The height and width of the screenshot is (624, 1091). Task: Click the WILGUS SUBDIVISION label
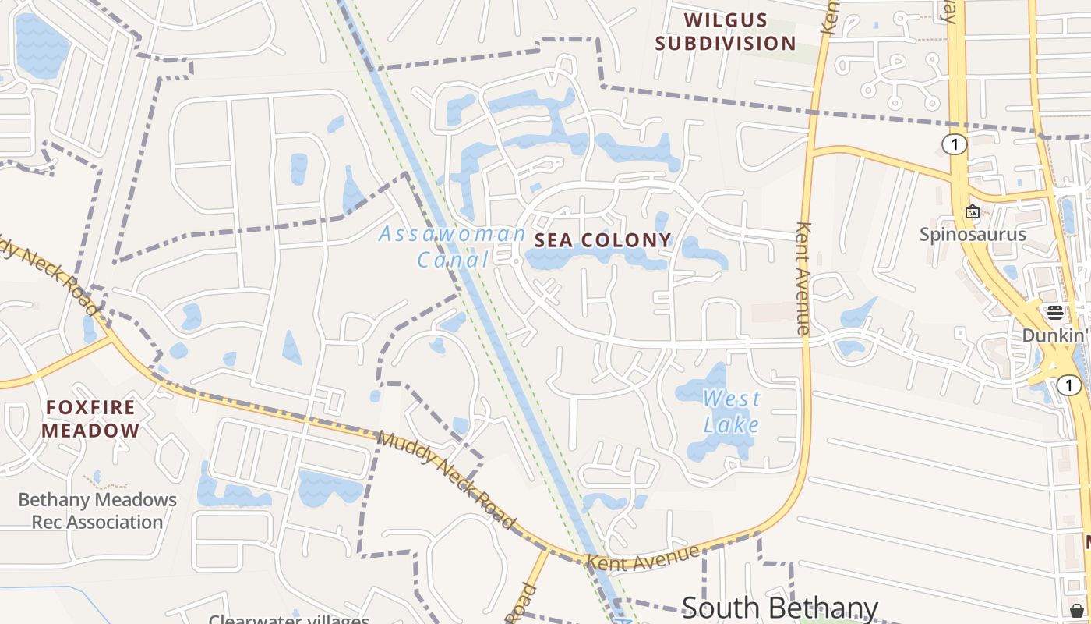pyautogui.click(x=725, y=32)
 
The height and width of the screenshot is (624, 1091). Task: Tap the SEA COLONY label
pyautogui.click(x=603, y=240)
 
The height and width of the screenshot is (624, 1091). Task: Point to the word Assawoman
pyautogui.click(x=453, y=233)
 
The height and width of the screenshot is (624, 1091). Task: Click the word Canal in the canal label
pyautogui.click(x=453, y=259)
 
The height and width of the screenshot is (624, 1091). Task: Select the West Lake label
pyautogui.click(x=731, y=412)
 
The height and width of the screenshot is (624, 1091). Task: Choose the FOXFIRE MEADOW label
pyautogui.click(x=90, y=419)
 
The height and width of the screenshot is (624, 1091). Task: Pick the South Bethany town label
pyautogui.click(x=779, y=608)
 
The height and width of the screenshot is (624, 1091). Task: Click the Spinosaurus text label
pyautogui.click(x=973, y=234)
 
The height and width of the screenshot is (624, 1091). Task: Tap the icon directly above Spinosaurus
pyautogui.click(x=973, y=211)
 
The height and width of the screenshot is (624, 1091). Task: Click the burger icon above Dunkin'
pyautogui.click(x=1055, y=313)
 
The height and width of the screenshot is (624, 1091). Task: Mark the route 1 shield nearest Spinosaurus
pyautogui.click(x=954, y=144)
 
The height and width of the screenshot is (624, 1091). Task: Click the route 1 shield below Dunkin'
pyautogui.click(x=1069, y=385)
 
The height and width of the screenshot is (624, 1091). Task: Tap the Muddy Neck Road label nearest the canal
pyautogui.click(x=446, y=478)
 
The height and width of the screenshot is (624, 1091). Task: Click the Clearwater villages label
pyautogui.click(x=288, y=619)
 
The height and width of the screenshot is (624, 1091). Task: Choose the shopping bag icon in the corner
pyautogui.click(x=1077, y=610)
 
